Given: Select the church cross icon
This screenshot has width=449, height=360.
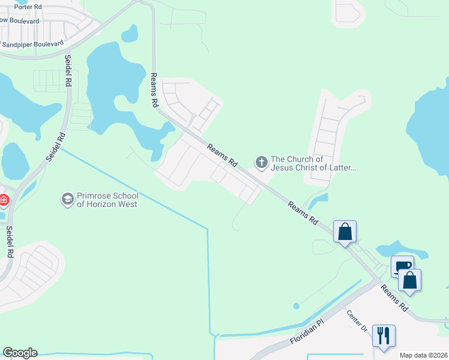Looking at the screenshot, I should click(261, 162).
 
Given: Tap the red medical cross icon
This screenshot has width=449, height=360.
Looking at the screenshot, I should click(3, 199).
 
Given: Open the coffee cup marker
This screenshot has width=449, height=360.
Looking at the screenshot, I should click(402, 266).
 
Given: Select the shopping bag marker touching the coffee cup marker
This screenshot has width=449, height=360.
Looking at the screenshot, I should click(409, 280).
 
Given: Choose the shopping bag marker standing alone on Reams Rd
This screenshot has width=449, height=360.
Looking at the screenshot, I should click(345, 232).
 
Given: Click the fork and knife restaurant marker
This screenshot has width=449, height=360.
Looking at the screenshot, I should click(384, 335).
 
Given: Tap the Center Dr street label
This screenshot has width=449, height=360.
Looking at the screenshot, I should click(356, 320).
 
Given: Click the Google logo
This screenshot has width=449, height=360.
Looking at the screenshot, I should click(19, 353).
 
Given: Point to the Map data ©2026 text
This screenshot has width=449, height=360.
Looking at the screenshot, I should click(423, 355).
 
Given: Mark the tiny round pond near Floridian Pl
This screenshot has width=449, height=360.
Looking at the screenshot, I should click(296, 306).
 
